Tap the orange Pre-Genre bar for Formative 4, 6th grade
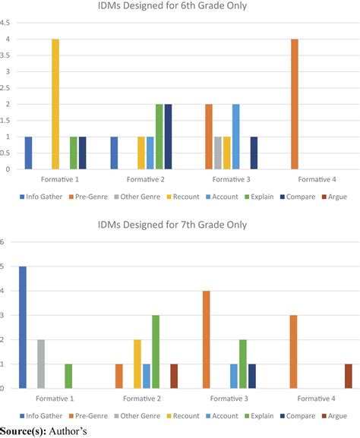tap(295, 104)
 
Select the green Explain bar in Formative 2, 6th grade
tap(159, 137)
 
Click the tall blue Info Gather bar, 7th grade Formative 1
tap(24, 327)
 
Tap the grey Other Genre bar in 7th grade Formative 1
tap(41, 364)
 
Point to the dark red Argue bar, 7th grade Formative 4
tap(347, 376)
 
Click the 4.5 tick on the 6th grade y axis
tap(5, 23)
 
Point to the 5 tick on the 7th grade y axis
tap(3, 266)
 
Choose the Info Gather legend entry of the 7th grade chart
tap(38, 415)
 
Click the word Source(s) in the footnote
tap(22, 431)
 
